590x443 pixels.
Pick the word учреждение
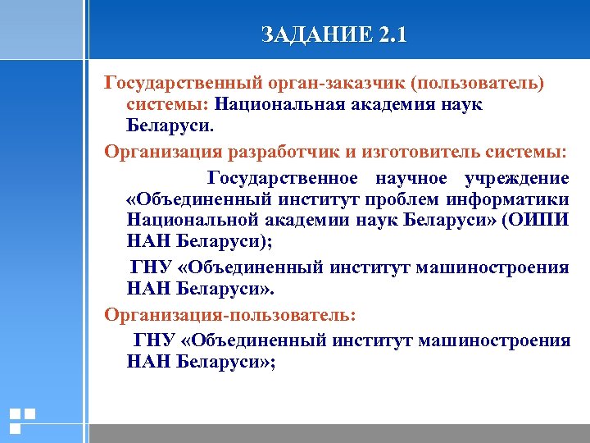pos(516,178)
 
